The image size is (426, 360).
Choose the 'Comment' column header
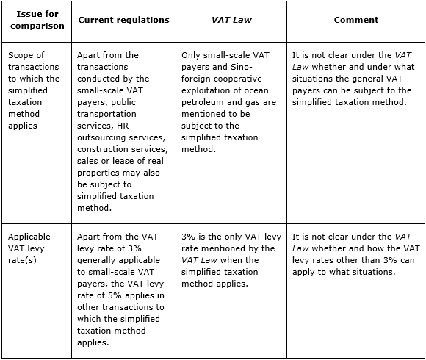[x=355, y=20]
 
